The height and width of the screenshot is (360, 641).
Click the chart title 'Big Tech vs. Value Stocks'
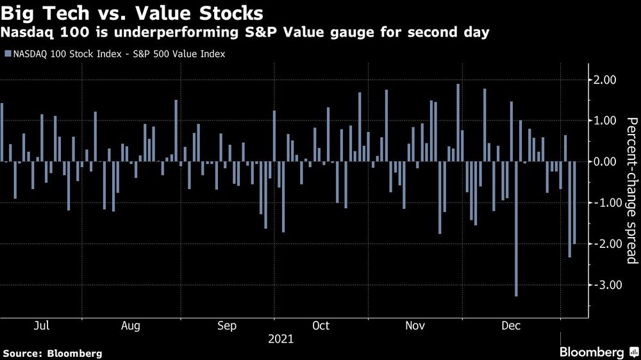pyautogui.click(x=132, y=13)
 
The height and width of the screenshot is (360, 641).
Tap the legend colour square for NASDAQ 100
pyautogui.click(x=7, y=54)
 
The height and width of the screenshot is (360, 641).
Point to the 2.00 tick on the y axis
pyautogui.click(x=605, y=79)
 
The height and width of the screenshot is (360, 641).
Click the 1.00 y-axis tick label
pyautogui.click(x=605, y=120)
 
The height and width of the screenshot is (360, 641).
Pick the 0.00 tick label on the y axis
pyautogui.click(x=605, y=162)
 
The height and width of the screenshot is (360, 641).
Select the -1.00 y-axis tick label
pyautogui.click(x=603, y=203)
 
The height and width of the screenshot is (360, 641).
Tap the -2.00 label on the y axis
pyautogui.click(x=603, y=244)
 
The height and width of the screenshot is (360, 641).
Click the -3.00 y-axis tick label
pyautogui.click(x=603, y=285)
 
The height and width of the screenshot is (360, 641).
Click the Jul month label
pyautogui.click(x=41, y=326)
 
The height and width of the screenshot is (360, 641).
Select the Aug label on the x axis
pyautogui.click(x=131, y=326)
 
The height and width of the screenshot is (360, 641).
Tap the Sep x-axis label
pyautogui.click(x=227, y=326)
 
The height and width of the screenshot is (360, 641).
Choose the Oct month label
pyautogui.click(x=320, y=326)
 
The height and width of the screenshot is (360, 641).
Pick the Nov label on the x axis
pyautogui.click(x=415, y=326)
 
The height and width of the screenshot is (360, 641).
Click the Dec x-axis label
pyautogui.click(x=511, y=326)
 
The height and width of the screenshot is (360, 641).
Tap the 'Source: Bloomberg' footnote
pyautogui.click(x=53, y=353)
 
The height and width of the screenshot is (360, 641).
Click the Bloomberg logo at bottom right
pyautogui.click(x=597, y=352)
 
